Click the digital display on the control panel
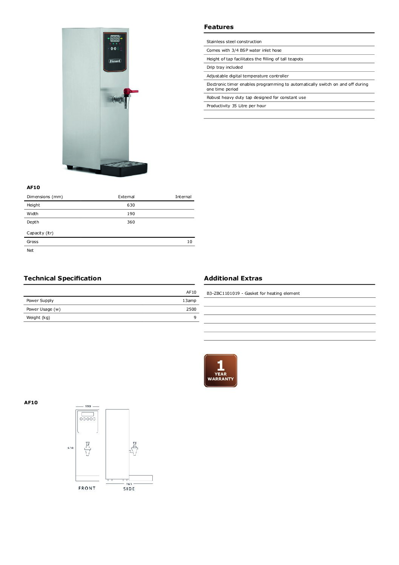tap(115, 38)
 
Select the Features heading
tap(219, 27)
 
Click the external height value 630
tap(131, 205)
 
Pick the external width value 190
tap(131, 214)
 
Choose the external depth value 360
tap(131, 222)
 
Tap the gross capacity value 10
tap(189, 242)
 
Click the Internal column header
tap(183, 197)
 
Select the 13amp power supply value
tap(189, 301)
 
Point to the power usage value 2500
tap(191, 309)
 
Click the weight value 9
tap(195, 318)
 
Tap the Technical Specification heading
tap(63, 279)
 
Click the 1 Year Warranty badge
tap(221, 371)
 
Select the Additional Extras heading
tap(233, 279)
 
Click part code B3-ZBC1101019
tap(223, 294)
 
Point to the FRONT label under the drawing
tap(87, 488)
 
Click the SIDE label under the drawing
tap(129, 489)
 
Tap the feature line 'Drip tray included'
tap(225, 68)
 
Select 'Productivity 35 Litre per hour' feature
tap(236, 106)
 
